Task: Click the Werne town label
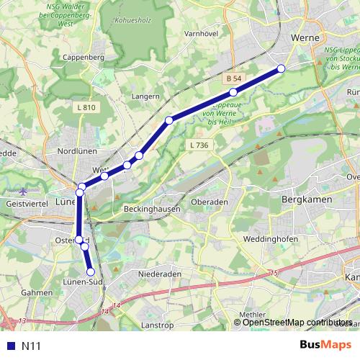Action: click(x=305, y=38)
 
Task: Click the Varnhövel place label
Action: click(x=201, y=33)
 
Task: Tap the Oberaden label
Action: click(x=208, y=203)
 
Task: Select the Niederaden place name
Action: click(x=160, y=274)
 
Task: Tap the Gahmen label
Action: click(x=37, y=293)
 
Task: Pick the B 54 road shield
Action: click(x=232, y=77)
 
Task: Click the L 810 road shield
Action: click(x=85, y=107)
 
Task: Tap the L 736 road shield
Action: click(x=199, y=145)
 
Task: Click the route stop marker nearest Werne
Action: click(x=282, y=68)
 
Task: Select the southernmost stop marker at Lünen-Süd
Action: click(x=91, y=271)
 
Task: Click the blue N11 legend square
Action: click(x=9, y=346)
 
